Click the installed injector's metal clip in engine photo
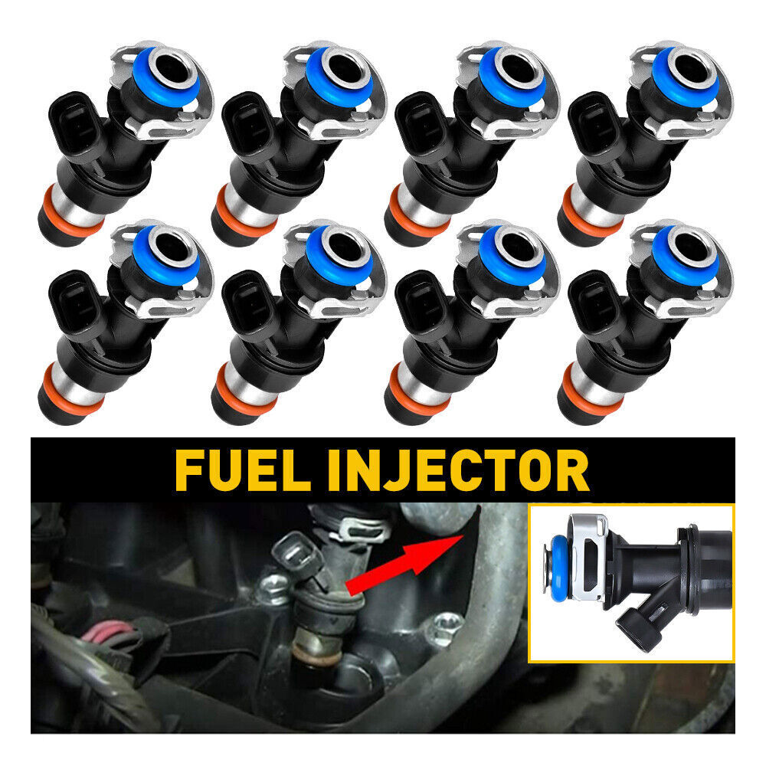click(x=358, y=528)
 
